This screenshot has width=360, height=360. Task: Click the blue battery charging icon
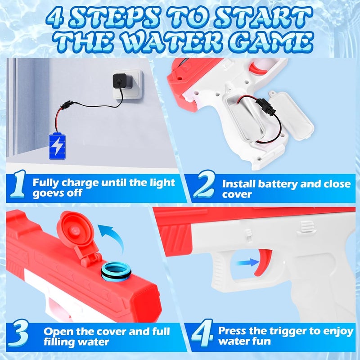click(58, 146)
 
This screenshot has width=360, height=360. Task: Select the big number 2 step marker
click(204, 184)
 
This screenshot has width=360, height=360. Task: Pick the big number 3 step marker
click(18, 333)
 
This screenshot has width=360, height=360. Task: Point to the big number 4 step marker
click(202, 333)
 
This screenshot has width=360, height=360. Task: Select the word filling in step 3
click(57, 342)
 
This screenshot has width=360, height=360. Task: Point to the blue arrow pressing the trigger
click(248, 262)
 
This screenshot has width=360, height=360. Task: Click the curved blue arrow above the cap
click(112, 237)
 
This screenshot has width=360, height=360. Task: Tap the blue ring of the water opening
click(116, 271)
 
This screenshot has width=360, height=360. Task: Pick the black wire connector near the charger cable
click(67, 105)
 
